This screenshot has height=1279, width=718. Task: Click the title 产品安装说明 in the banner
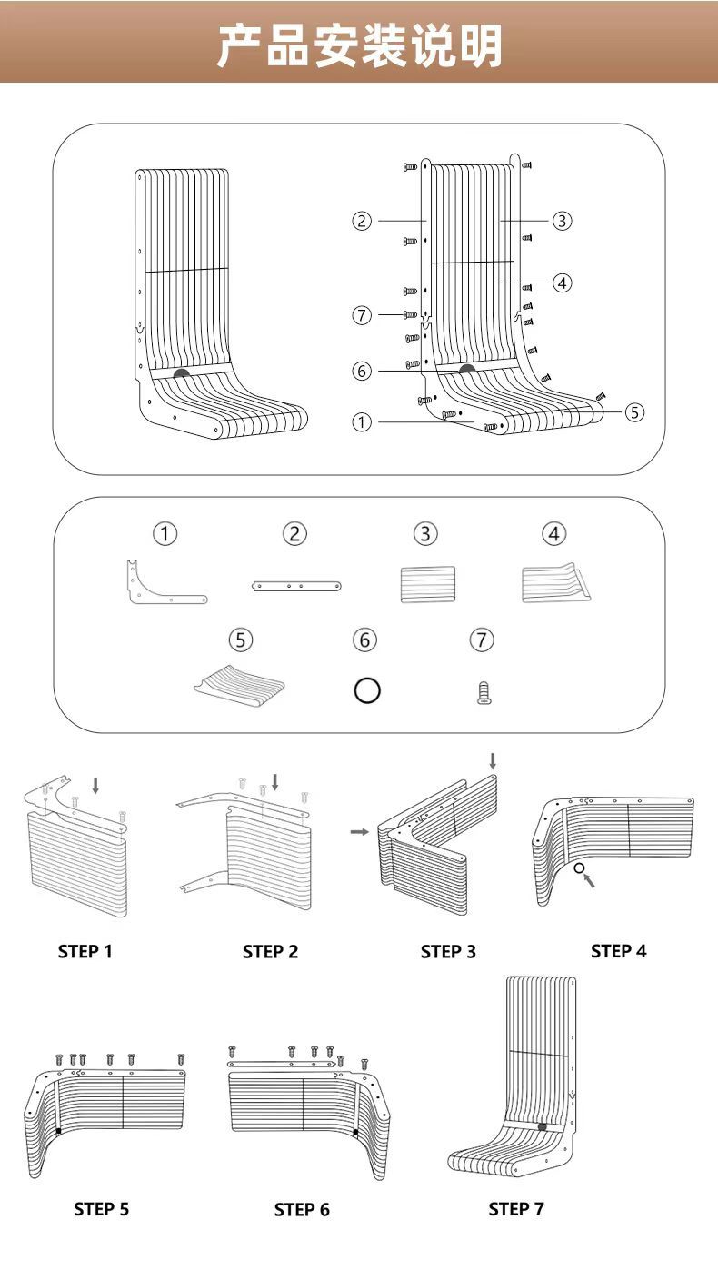pos(359,45)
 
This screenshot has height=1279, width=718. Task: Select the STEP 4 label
pos(618,950)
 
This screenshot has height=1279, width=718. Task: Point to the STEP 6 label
pos(302,1209)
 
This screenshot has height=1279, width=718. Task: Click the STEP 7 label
pos(515,1208)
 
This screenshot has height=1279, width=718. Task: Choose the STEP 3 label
pos(447,951)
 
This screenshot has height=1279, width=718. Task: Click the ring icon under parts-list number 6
pos(365,690)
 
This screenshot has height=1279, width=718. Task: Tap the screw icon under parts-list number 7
pos(484,695)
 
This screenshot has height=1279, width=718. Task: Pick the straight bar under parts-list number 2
pos(296,587)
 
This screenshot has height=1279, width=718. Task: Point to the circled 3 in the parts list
pos(424,534)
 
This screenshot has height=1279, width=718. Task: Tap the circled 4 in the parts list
pos(553,534)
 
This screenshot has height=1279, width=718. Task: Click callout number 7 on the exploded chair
pos(362,315)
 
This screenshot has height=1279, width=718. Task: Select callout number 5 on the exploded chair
pos(634,411)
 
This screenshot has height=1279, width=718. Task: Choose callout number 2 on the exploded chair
pos(362,221)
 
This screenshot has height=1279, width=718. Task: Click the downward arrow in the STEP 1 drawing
pos(97,783)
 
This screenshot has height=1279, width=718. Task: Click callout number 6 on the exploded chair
pos(362,371)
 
